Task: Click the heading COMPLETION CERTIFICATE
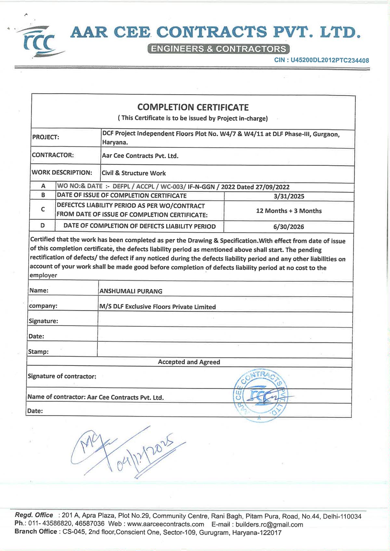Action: click(x=193, y=107)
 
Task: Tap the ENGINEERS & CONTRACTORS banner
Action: click(x=218, y=49)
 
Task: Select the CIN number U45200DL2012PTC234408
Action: click(x=330, y=60)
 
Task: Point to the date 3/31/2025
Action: click(x=289, y=196)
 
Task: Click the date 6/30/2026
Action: click(x=289, y=227)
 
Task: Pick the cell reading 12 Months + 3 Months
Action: click(x=289, y=211)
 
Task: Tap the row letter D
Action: click(x=43, y=225)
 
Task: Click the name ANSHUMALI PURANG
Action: click(x=131, y=291)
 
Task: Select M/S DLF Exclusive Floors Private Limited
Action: click(x=157, y=307)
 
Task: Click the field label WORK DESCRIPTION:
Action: click(x=62, y=172)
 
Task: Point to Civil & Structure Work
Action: click(x=134, y=173)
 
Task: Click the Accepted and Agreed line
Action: click(x=189, y=362)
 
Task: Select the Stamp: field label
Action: click(x=38, y=351)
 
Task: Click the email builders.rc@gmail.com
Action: click(x=269, y=524)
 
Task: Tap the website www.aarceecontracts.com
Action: click(x=165, y=524)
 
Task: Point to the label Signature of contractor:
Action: click(x=62, y=376)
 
